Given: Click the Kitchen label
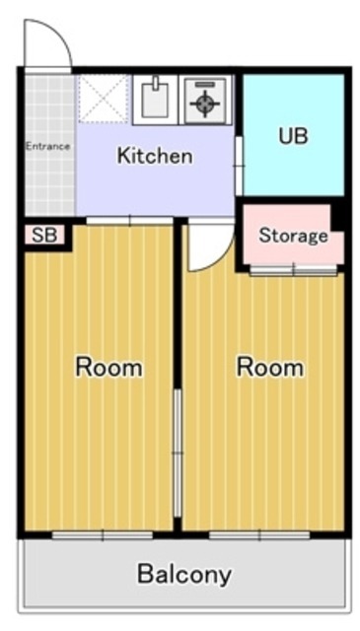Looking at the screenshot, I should (155, 156).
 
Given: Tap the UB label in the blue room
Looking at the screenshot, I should (293, 135).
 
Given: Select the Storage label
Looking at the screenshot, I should (293, 236).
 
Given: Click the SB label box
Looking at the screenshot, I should (44, 236).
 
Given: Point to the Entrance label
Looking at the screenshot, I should (47, 147).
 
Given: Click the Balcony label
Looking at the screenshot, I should (184, 574).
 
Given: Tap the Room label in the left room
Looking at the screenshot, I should (109, 368).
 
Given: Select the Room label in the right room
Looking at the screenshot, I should (270, 368).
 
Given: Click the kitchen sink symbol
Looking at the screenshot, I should (156, 99).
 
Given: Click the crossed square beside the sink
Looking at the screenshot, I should (104, 99).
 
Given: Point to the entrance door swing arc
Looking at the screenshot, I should (47, 44).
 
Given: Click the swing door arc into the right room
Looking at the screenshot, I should (209, 246).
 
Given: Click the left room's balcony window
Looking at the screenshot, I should (102, 535).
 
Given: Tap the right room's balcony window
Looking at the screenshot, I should (258, 535).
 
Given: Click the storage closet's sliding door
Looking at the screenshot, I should (292, 270).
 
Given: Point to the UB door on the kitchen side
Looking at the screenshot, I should (239, 165).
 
